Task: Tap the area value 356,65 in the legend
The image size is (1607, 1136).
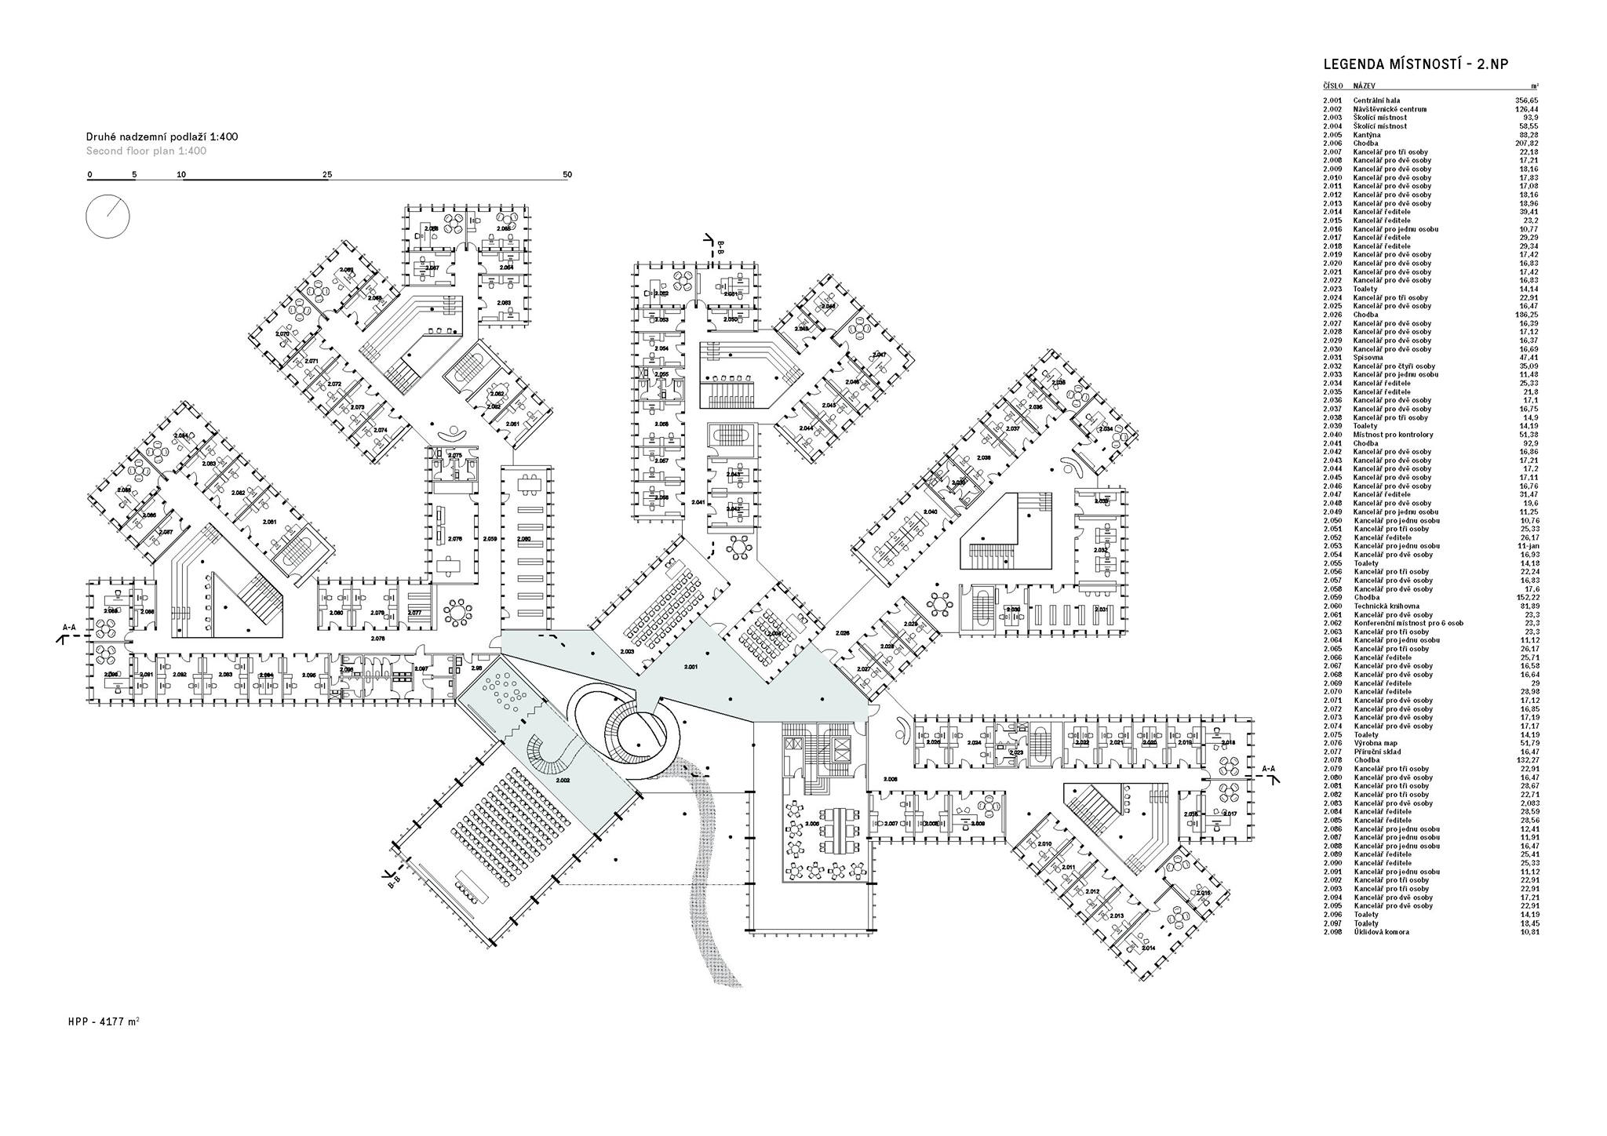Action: pos(1526,100)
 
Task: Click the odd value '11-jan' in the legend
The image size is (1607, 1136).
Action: pos(1528,546)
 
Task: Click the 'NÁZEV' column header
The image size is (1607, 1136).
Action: pos(1364,86)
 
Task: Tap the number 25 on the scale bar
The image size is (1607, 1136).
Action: pos(327,174)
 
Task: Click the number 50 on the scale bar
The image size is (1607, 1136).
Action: pos(567,174)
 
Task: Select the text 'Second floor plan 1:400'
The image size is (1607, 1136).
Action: pos(146,151)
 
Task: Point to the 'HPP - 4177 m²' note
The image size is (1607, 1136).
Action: pos(104,1022)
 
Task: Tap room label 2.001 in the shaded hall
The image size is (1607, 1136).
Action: pos(691,666)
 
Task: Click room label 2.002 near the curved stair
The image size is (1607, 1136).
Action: pos(563,781)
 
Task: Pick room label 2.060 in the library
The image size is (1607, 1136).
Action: pos(524,539)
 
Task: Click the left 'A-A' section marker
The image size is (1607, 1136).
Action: pos(69,628)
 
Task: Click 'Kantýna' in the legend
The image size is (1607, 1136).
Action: pos(1367,135)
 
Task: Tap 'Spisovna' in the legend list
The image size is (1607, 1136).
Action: pos(1368,358)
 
